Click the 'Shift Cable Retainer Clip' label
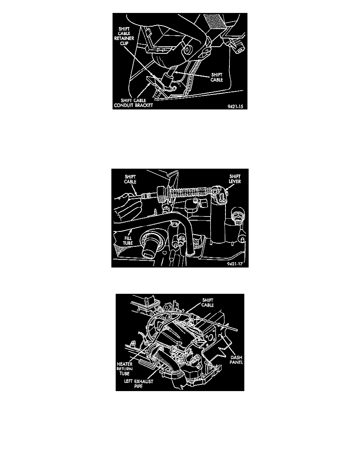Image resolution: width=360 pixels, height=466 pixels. coord(124,36)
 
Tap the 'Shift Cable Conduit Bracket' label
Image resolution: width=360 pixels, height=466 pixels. coord(133,103)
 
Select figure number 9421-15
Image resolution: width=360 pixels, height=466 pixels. coord(235,107)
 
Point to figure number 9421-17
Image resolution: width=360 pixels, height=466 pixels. coord(235,264)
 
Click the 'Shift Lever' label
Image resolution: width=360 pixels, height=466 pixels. coord(235,179)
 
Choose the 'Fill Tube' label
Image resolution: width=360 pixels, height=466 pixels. coord(128,240)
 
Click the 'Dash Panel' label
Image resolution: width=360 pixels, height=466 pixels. coord(236,360)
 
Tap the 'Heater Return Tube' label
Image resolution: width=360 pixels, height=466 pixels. coord(125,369)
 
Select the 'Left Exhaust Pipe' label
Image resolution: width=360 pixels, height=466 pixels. coord(139,384)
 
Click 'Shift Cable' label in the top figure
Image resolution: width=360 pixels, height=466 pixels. coord(217,77)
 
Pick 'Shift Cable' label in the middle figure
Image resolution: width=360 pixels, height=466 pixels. coord(131,179)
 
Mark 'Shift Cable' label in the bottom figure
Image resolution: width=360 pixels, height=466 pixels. coord(207,302)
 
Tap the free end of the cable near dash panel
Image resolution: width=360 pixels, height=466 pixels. coord(236,329)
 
